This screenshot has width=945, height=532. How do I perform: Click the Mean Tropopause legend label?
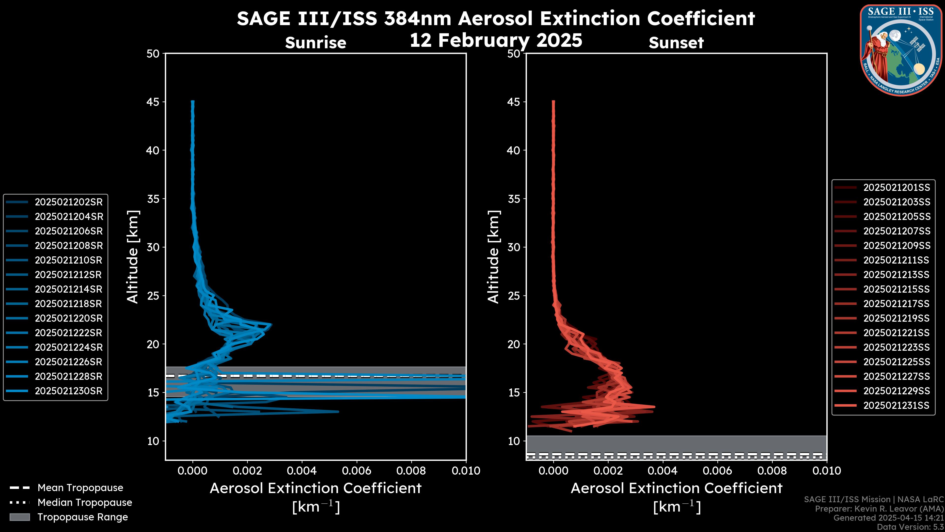pyautogui.click(x=80, y=488)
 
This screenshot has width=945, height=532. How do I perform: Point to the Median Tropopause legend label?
pyautogui.click(x=85, y=503)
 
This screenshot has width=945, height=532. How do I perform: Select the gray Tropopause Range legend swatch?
pyautogui.click(x=20, y=517)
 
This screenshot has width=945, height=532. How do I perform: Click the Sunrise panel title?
pyautogui.click(x=315, y=43)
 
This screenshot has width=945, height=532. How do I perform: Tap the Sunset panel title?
pyautogui.click(x=676, y=43)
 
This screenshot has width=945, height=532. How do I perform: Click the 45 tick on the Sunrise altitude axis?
pyautogui.click(x=153, y=102)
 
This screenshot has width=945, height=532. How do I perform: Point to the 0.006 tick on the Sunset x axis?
pyautogui.click(x=717, y=471)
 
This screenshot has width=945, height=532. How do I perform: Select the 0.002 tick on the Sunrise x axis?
pyautogui.click(x=247, y=471)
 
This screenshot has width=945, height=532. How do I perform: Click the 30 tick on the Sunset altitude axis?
pyautogui.click(x=514, y=247)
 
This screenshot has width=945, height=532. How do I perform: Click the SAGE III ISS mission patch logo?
pyautogui.click(x=901, y=50)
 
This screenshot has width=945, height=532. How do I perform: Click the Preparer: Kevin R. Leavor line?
pyautogui.click(x=879, y=509)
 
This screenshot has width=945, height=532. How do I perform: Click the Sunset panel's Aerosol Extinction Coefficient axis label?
pyautogui.click(x=677, y=488)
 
